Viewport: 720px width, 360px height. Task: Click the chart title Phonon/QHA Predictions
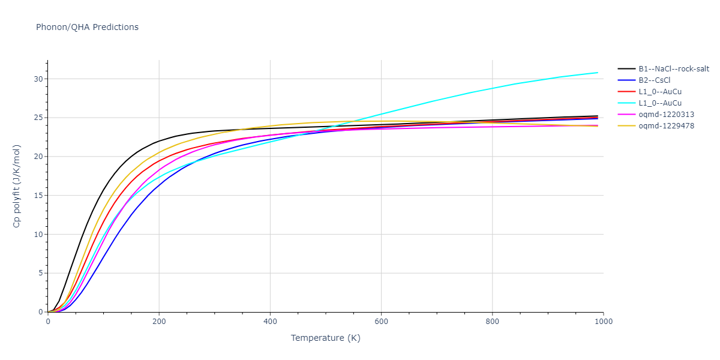(87, 27)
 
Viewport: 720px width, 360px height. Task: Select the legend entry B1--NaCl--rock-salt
(673, 69)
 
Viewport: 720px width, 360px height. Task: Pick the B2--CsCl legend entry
(658, 80)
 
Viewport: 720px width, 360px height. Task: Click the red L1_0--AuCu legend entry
(660, 92)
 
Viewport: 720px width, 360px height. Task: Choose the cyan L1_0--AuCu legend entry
(660, 103)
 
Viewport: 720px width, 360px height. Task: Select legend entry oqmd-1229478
(666, 126)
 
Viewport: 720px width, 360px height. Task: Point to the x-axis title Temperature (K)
(326, 338)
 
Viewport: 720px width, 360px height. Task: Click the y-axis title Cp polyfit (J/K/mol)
(17, 186)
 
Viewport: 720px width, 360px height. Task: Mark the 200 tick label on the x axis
(159, 322)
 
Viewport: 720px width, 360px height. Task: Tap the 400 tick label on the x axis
(270, 322)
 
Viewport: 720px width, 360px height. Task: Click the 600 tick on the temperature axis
(381, 322)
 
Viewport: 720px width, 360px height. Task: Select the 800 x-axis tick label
(492, 322)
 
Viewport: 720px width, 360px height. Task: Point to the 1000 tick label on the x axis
(603, 322)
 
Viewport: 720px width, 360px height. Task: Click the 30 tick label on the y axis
(38, 79)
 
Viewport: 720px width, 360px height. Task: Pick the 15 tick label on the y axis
(38, 196)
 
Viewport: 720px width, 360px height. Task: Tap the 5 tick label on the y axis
(41, 274)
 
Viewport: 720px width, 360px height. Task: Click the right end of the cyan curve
(598, 73)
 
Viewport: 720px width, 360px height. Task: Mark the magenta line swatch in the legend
(627, 115)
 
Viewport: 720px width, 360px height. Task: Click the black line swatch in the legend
(627, 69)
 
